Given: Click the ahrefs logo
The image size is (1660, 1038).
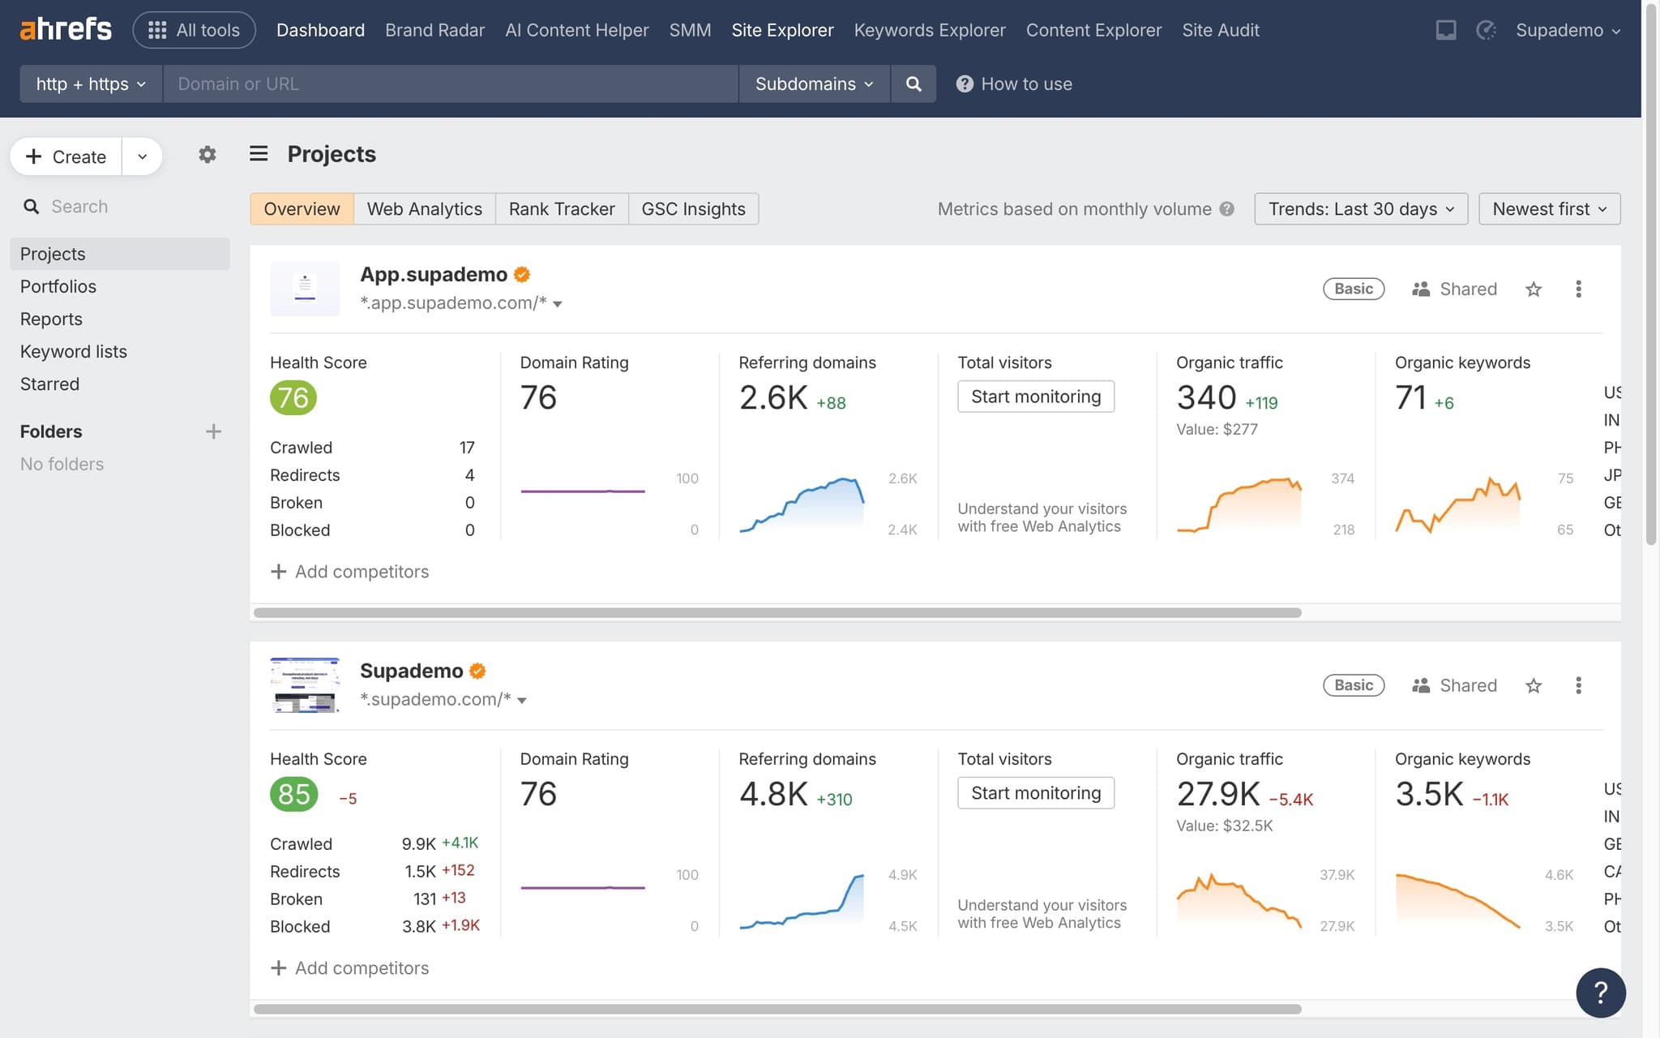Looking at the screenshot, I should tap(66, 30).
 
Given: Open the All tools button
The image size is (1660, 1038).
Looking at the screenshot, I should tap(194, 30).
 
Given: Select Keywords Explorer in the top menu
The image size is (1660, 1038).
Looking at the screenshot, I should tap(929, 30).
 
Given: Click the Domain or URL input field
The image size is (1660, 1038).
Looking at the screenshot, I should tap(450, 84).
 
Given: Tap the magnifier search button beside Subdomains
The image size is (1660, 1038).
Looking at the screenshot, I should tap(913, 84).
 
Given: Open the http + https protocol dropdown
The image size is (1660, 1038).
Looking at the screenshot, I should tap(91, 84).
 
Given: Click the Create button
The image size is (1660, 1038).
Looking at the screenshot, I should tap(66, 157).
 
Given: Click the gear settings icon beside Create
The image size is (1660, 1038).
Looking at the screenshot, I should tap(207, 154).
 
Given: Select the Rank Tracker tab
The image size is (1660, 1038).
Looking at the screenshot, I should tap(561, 208).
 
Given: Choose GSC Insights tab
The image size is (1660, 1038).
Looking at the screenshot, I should tap(693, 208).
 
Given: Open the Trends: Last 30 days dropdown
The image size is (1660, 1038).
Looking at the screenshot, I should tap(1360, 208).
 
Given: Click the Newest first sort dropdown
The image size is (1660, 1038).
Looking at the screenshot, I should tap(1548, 208).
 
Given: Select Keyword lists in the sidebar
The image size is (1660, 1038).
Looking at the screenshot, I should tap(74, 351).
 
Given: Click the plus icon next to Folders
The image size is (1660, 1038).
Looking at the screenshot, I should tap(213, 431).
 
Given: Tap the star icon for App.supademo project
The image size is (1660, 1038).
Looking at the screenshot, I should tap(1533, 289).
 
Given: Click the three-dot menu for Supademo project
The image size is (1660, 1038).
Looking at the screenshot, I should tap(1577, 685).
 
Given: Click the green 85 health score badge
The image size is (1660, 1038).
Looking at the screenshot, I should tap(293, 794).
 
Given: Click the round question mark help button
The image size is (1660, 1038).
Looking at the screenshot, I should tap(1600, 992).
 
